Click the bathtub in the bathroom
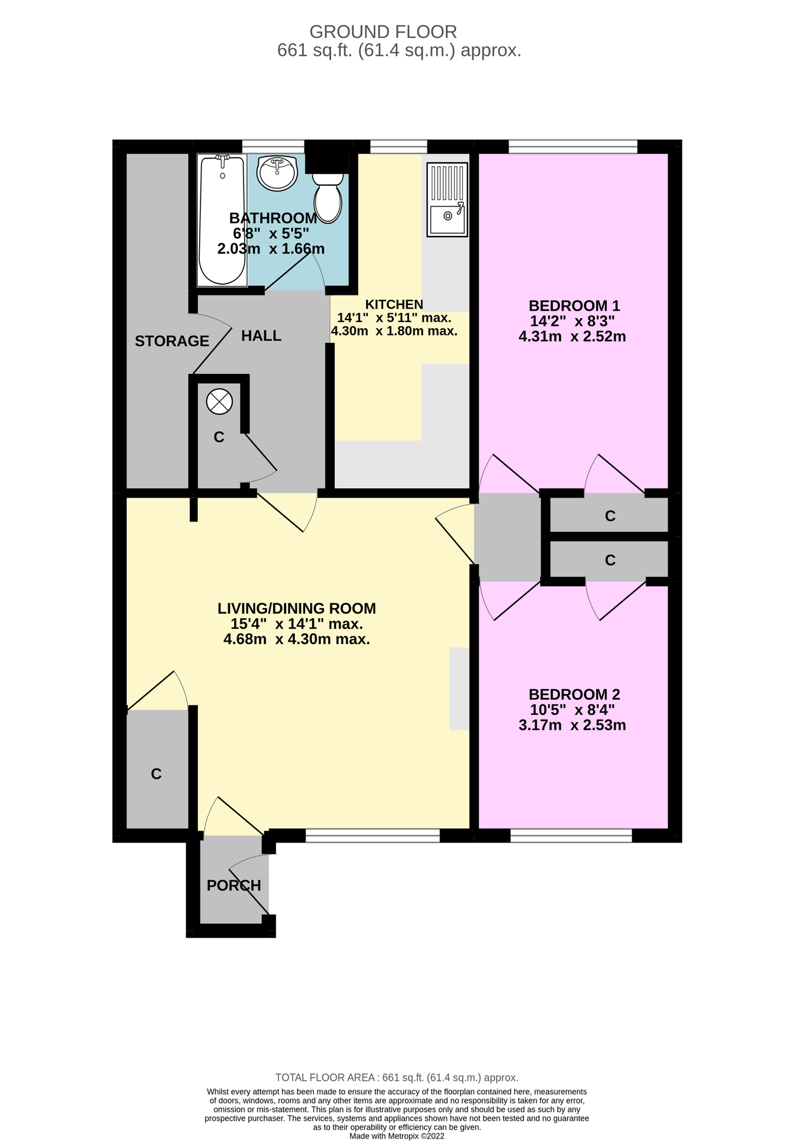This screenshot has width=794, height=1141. point(222,219)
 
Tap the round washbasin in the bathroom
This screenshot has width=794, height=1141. point(277,172)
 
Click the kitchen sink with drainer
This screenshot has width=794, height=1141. point(447,199)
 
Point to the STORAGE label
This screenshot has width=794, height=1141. point(172,341)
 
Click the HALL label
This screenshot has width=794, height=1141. point(261,336)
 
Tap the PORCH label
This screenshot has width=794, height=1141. point(234,886)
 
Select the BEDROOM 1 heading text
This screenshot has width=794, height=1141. point(575,306)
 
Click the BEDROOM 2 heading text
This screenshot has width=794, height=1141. point(575,694)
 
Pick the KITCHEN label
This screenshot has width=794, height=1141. point(394,304)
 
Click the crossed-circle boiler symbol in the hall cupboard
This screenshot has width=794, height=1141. point(220,401)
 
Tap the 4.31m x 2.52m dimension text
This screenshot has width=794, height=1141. point(573,337)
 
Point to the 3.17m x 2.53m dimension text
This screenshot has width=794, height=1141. point(573,725)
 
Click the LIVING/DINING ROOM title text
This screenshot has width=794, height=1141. point(297,609)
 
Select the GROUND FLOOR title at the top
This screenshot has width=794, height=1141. point(383,32)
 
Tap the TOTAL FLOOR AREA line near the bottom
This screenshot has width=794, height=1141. point(397,1078)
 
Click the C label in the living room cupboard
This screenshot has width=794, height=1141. point(157,774)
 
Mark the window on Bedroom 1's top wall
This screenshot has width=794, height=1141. point(573,146)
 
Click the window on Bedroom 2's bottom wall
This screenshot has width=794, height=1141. point(571,836)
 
